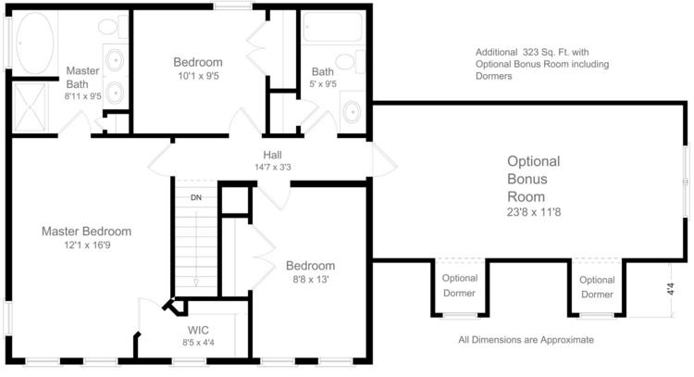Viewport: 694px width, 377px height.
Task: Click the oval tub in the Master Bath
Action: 35,43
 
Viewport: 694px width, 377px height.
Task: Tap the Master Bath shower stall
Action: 31,107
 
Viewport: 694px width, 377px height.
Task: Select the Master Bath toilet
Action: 113,26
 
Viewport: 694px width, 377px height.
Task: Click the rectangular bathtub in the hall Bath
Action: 333,27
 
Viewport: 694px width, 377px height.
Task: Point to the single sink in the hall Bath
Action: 353,111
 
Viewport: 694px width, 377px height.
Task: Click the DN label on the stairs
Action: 196,197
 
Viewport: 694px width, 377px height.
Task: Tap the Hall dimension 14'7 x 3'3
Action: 273,167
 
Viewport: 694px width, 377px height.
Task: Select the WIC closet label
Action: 198,330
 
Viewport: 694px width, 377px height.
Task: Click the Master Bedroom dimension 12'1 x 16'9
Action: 87,245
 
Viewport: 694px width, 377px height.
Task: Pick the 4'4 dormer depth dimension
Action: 671,289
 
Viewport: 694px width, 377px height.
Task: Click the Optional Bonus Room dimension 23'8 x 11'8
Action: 534,212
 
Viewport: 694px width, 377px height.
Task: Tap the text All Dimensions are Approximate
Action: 526,340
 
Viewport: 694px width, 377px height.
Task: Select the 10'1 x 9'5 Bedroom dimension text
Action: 198,76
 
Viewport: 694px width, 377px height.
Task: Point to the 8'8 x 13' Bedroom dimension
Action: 310,280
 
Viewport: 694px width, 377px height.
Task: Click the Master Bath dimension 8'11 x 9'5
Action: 82,96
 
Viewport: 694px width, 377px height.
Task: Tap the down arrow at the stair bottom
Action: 195,283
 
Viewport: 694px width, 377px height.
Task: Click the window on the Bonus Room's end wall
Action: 686,182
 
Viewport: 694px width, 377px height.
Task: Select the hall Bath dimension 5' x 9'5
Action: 323,83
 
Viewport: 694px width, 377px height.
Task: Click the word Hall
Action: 272,155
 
